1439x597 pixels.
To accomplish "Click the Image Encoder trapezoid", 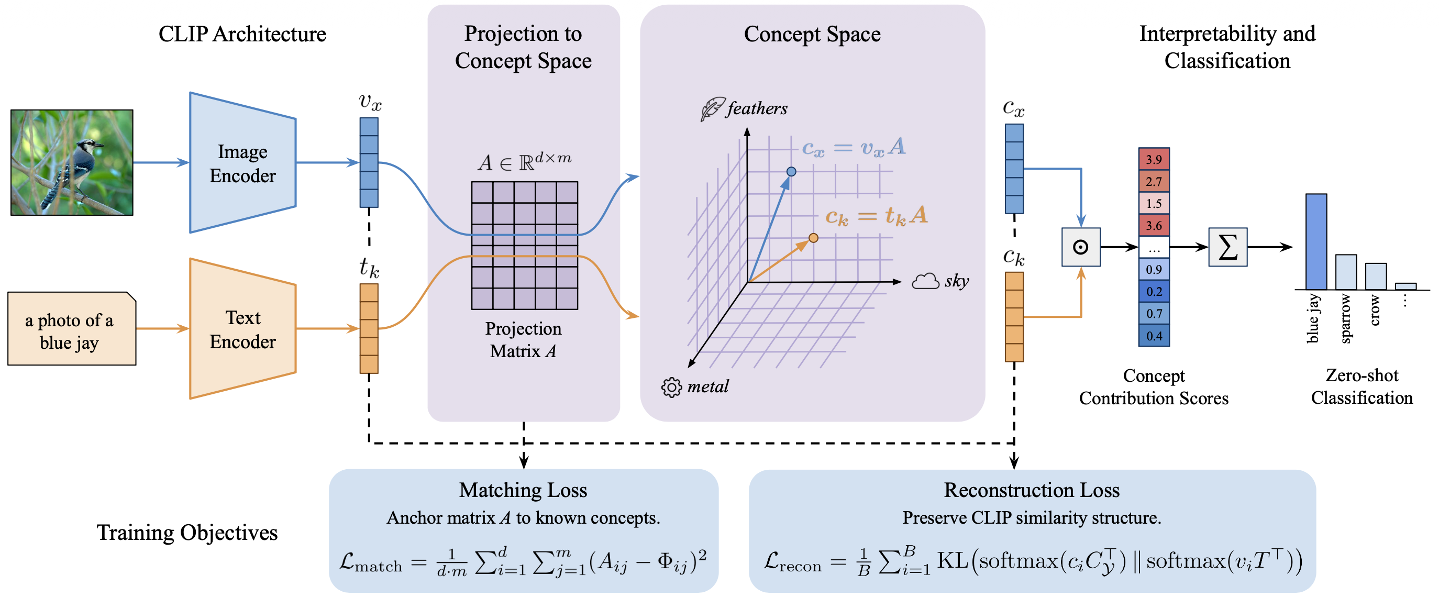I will (242, 162).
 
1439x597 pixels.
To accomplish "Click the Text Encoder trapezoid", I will (242, 329).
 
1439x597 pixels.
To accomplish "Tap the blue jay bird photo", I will (72, 162).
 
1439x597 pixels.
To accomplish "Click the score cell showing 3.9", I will (1154, 159).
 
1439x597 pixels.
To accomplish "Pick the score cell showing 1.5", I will (1154, 203).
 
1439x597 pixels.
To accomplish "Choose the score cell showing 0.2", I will (1154, 292).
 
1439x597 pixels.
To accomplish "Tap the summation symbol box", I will (1227, 247).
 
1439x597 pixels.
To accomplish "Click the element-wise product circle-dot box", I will (1080, 247).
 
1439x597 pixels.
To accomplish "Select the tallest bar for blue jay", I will (1315, 241).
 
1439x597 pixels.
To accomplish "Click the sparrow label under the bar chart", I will (1346, 318).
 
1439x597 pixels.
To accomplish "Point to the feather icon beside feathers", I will (712, 108).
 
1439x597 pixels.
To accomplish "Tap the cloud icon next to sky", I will (925, 281).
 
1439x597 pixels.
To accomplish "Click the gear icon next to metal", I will (671, 386).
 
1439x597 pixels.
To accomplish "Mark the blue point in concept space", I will (791, 171).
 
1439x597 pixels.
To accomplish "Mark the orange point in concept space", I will (813, 238).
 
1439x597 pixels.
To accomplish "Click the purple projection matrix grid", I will (524, 246).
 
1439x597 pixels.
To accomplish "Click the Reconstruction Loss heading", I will (1031, 490).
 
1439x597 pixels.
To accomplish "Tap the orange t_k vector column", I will (369, 328).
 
